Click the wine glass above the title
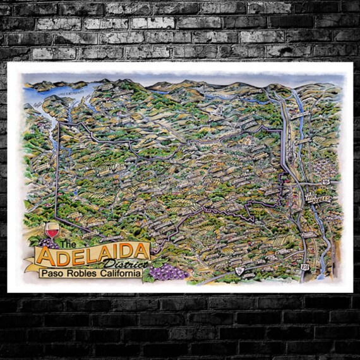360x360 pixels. [x=52, y=230]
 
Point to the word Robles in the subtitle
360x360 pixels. [x=82, y=273]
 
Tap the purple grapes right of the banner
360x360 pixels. [x=164, y=272]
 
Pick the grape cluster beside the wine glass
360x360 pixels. [x=47, y=242]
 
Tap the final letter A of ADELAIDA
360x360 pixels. [x=141, y=253]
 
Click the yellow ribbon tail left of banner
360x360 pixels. [x=31, y=263]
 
